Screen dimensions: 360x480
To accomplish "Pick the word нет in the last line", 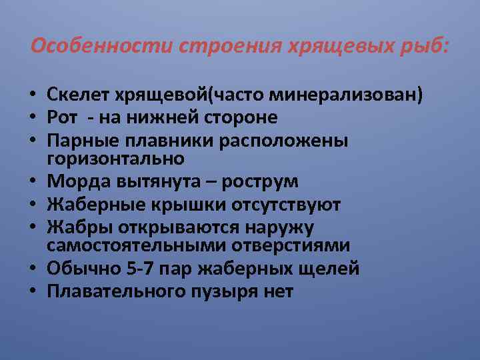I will point(279,291).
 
